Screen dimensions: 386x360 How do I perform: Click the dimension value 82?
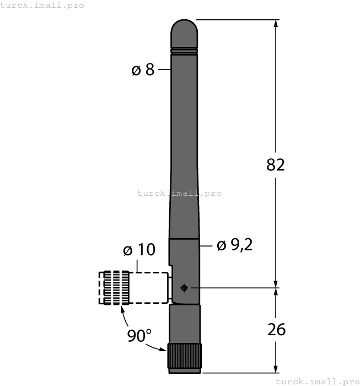[x=276, y=164]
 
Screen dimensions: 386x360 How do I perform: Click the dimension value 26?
[x=276, y=329]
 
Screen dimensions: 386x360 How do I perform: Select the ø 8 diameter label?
[x=143, y=70]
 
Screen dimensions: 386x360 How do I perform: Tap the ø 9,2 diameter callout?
[x=234, y=245]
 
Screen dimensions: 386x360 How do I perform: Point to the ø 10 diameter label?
[x=139, y=250]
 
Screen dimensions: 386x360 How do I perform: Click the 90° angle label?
[x=139, y=335]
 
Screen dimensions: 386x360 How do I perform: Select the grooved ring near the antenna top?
[x=184, y=51]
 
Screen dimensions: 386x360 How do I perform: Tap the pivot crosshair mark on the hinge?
[x=184, y=287]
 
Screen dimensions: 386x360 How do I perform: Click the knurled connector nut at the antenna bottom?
[x=184, y=357]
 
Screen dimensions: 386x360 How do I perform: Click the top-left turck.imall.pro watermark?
[x=42, y=5]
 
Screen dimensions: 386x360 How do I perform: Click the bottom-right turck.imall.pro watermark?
[x=317, y=381]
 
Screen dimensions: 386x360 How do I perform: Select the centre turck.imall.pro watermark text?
[x=179, y=193]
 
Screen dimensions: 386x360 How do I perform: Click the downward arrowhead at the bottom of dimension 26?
[x=276, y=369]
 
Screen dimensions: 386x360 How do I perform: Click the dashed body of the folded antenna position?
[x=149, y=288]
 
